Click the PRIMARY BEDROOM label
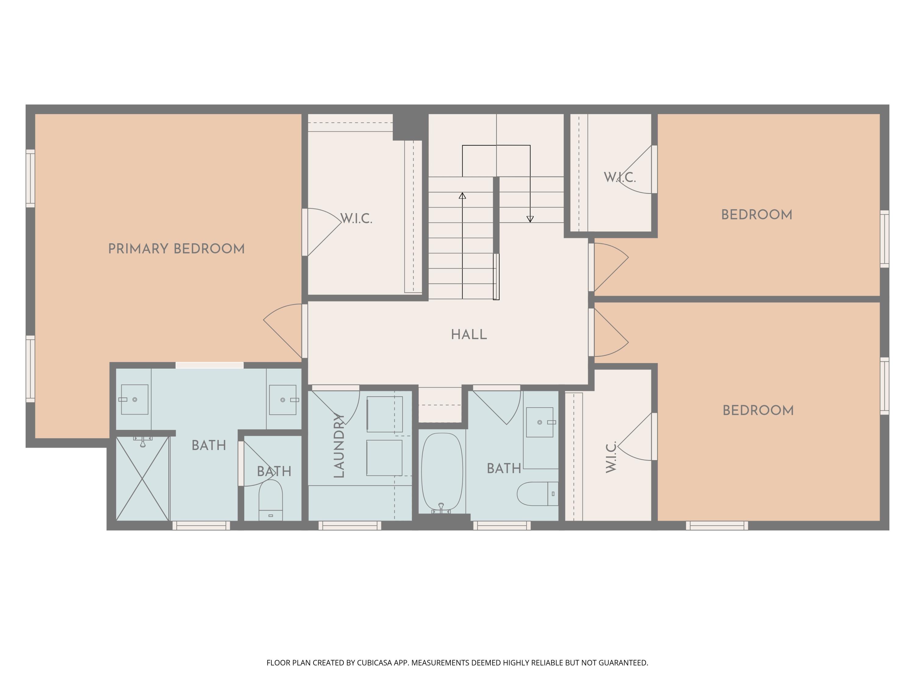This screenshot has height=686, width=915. click(176, 249)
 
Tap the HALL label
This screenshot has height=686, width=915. click(469, 334)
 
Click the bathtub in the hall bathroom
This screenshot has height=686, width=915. click(442, 472)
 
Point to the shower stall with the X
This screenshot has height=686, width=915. click(142, 478)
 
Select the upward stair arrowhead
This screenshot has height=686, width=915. click(462, 196)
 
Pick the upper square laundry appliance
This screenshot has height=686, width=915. click(385, 414)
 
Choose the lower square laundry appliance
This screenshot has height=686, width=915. click(384, 458)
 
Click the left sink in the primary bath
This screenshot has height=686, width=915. click(135, 399)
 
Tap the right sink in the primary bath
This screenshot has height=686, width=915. click(283, 400)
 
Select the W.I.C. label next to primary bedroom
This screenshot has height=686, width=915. click(356, 219)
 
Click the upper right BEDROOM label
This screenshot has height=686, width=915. click(757, 215)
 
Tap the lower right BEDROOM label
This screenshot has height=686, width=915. click(758, 411)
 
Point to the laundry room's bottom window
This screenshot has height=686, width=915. click(350, 526)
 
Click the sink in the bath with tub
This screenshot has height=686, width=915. click(540, 422)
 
